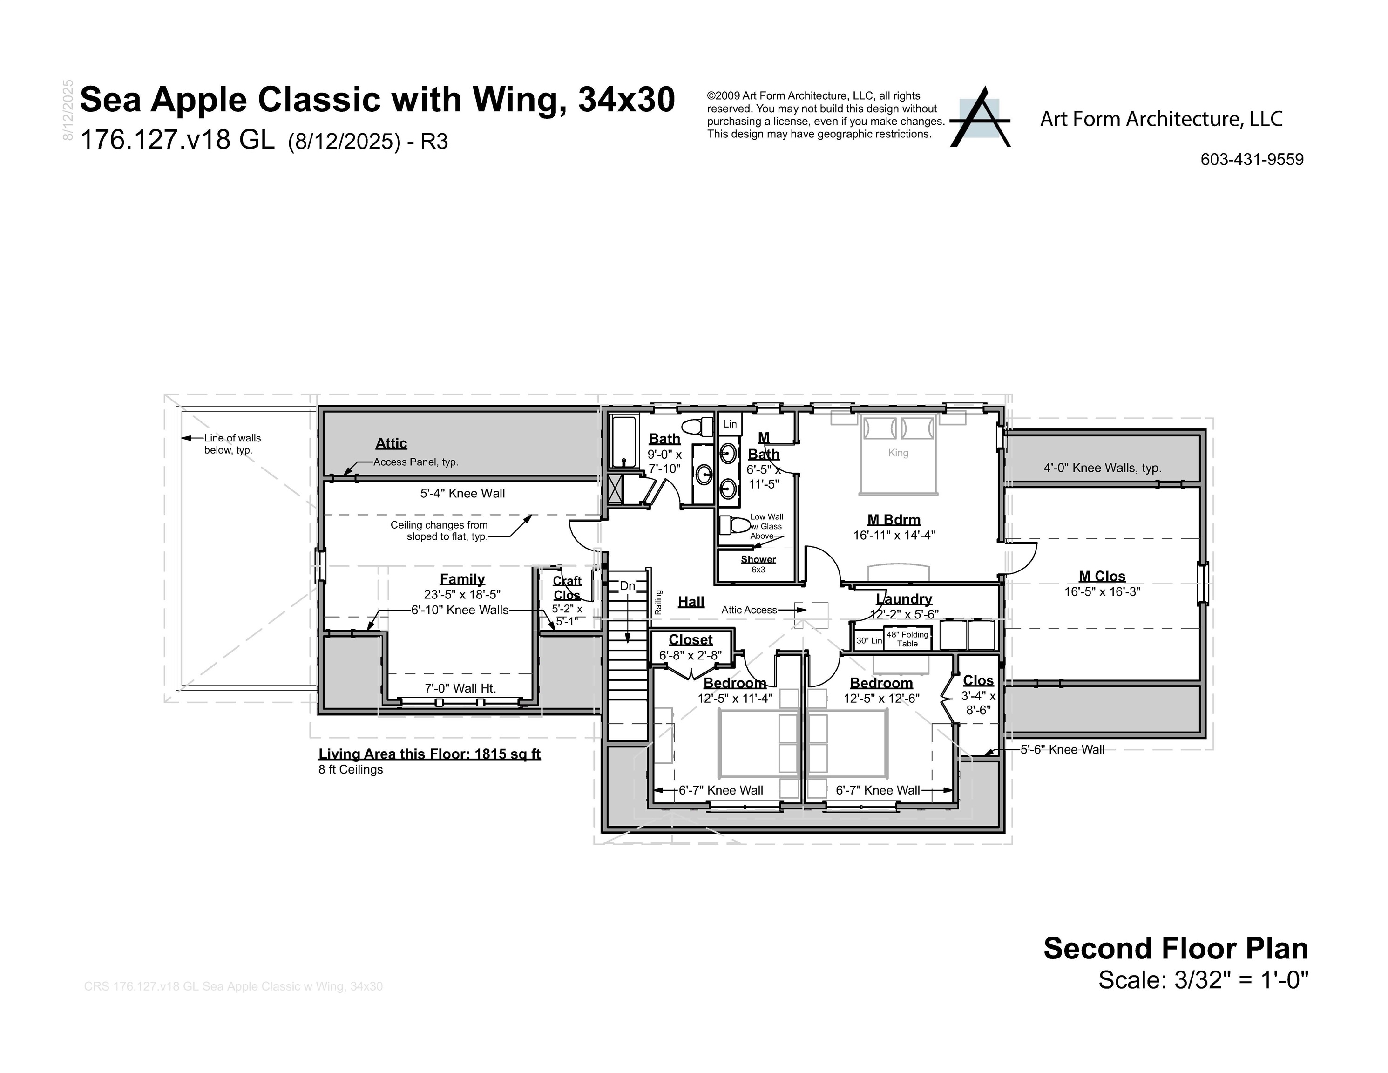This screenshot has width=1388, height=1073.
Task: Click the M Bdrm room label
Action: [x=894, y=520]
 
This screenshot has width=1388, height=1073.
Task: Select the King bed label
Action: [x=898, y=453]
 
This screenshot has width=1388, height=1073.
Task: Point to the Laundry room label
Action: [x=904, y=599]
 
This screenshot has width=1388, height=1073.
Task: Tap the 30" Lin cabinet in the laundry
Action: [x=868, y=640]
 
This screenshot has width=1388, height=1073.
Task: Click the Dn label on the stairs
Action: [x=627, y=586]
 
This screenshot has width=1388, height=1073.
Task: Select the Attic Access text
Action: [x=749, y=610]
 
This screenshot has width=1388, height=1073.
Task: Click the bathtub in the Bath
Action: [x=623, y=442]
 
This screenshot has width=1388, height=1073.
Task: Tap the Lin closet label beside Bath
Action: [x=730, y=424]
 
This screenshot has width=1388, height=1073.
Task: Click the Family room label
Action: [x=462, y=579]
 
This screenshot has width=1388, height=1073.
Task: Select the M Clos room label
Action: [x=1102, y=577]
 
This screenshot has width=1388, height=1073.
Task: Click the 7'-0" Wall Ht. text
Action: [x=460, y=688]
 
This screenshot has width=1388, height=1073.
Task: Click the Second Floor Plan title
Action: [x=1175, y=949]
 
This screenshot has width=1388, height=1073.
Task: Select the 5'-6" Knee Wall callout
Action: [x=1062, y=749]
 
